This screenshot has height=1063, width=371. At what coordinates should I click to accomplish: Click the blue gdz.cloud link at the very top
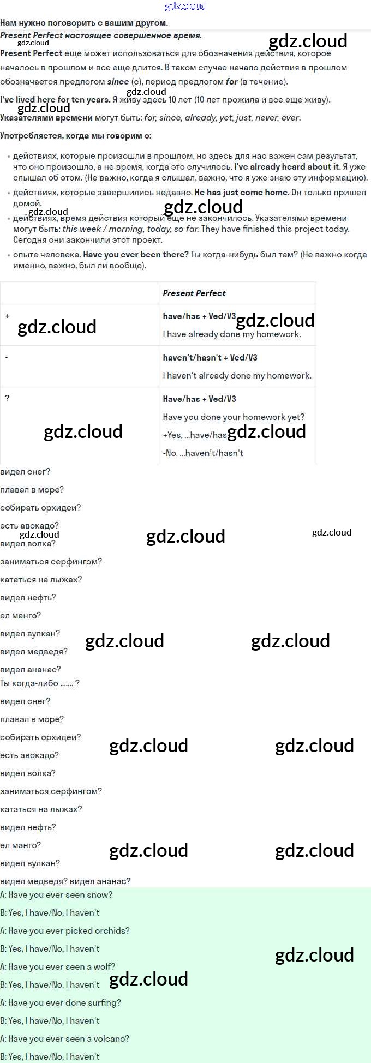coord(185,6)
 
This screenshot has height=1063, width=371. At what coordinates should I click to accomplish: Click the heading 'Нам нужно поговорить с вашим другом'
coord(84,23)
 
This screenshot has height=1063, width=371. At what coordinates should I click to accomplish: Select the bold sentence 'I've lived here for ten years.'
coord(55,100)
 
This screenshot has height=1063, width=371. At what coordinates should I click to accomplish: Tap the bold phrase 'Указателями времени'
coord(46,118)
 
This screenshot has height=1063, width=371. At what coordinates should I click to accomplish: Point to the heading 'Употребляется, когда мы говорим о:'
coord(76,136)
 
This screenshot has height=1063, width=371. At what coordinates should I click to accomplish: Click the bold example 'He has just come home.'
coord(242,193)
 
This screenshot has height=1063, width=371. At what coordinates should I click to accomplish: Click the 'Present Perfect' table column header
coord(194,293)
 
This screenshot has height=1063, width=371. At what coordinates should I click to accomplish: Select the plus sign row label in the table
coord(7,316)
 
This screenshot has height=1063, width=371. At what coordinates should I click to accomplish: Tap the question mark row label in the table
coord(7,398)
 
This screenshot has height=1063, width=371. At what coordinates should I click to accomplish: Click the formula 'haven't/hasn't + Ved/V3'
coord(210,357)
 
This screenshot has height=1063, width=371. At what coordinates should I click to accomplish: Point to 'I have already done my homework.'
coord(232,334)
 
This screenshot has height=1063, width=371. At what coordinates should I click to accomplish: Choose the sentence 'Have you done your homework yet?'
coord(234,417)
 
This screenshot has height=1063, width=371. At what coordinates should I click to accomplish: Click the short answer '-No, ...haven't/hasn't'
coord(203,453)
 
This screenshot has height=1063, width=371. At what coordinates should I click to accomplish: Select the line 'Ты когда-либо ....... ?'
coord(40,683)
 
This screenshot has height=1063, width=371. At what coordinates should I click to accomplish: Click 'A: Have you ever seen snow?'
coord(56,895)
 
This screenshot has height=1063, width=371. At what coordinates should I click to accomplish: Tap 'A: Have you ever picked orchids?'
coord(65,931)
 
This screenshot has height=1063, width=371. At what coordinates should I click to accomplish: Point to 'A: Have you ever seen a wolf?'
coord(58,967)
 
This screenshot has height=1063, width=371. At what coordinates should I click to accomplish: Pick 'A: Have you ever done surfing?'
coord(61,1003)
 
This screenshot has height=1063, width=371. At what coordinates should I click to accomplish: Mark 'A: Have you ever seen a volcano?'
coord(65,1039)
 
